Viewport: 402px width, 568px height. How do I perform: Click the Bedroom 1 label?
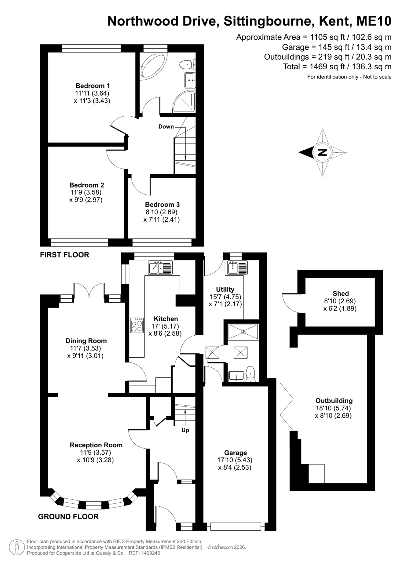coord(93,86)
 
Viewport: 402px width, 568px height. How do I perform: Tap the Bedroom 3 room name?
coord(162,204)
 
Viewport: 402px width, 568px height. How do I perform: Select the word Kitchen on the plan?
coord(166,319)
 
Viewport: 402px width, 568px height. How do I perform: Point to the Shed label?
coord(341,293)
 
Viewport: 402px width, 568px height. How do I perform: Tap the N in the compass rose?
coord(322,152)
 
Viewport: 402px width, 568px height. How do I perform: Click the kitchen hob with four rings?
coord(137,325)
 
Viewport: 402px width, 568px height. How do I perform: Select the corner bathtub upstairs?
coord(152,67)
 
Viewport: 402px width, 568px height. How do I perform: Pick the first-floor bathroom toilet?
coord(188,64)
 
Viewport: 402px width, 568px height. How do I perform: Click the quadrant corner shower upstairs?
coord(185,102)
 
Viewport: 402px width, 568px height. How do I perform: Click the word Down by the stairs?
coord(166,126)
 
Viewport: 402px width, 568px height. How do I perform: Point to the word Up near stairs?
coord(185,430)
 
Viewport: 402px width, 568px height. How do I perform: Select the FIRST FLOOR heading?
coord(64,255)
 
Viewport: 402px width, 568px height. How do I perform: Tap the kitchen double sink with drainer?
coord(160,267)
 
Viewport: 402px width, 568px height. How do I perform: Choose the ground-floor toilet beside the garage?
coord(251,374)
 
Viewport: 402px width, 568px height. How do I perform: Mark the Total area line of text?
coord(337,67)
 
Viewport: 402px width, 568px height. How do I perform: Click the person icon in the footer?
coord(17,547)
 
